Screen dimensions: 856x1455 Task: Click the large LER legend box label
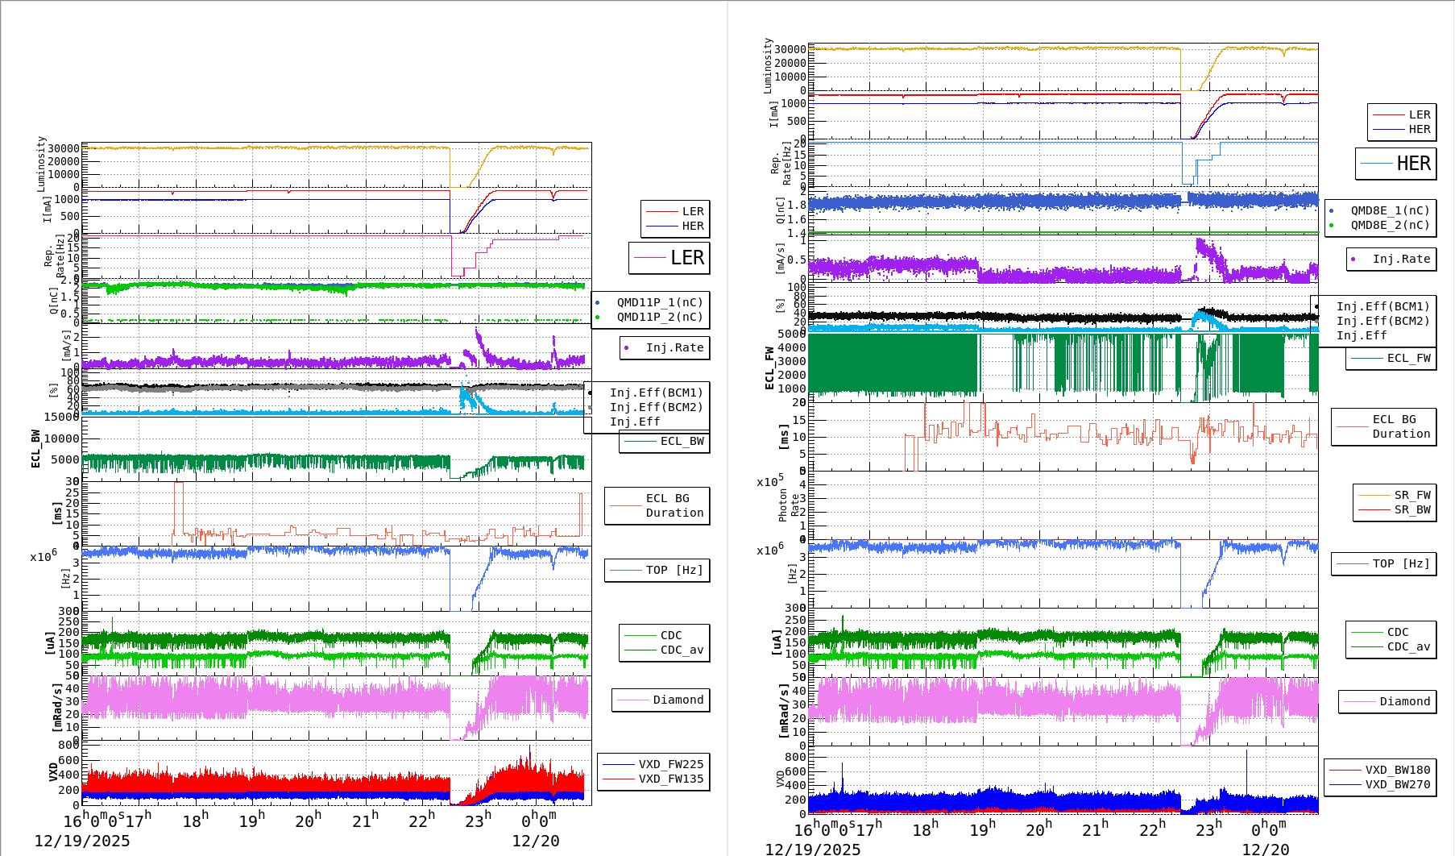coord(686,258)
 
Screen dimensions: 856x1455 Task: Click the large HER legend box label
coord(1413,164)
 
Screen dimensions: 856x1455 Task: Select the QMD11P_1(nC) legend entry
coord(659,302)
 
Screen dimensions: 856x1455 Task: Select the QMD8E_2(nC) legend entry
coord(1390,225)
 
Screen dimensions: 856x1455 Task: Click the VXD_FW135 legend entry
coord(670,779)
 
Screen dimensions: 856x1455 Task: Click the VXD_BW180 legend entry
coord(1397,770)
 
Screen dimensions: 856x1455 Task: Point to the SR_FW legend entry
coord(1411,495)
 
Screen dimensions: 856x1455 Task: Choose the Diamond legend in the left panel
coord(678,700)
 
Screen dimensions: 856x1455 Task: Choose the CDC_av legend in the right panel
coord(1408,646)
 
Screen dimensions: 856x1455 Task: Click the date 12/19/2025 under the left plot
coord(81,841)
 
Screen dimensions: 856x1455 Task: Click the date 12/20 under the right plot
coord(1265,849)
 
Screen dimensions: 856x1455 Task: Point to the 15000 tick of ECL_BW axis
coord(61,417)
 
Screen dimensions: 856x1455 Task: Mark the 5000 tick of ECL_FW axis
coord(791,334)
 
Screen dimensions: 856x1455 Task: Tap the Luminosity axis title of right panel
coord(768,64)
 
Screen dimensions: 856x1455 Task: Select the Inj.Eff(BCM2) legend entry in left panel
coord(656,407)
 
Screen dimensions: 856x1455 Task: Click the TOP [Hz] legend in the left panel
coord(674,570)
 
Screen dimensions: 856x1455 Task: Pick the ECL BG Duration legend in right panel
coord(1401,426)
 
